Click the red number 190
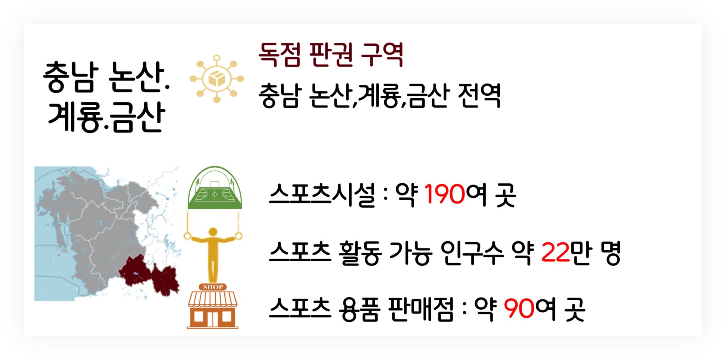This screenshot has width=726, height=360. click(444, 194)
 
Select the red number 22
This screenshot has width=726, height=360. click(555, 252)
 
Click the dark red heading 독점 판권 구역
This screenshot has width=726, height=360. click(331, 55)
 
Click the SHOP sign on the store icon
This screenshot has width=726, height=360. click(213, 287)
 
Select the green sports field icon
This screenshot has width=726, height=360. click(215, 188)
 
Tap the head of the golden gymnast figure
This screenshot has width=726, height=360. click(213, 231)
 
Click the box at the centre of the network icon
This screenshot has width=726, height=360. click(217, 79)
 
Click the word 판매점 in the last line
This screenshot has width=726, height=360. click(421, 309)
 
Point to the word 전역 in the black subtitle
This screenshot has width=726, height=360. click(479, 95)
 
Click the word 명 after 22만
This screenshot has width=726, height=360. click(611, 253)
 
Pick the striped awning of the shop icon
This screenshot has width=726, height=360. click(213, 298)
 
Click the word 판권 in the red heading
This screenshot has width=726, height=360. click(331, 55)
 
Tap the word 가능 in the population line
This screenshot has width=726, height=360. click(410, 253)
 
